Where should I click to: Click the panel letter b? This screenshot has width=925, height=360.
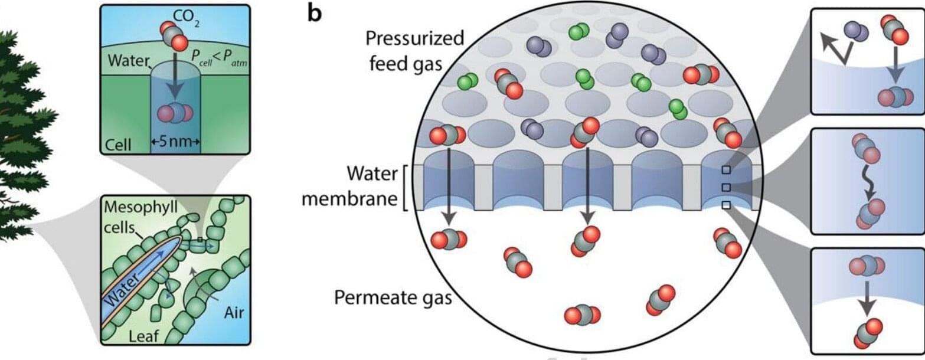[x=314, y=13]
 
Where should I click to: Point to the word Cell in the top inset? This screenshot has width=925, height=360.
[x=118, y=144]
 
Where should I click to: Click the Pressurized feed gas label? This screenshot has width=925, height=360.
[x=415, y=50]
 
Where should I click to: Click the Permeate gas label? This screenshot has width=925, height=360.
[x=393, y=296]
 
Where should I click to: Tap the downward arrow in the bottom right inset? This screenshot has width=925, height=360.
[x=866, y=299]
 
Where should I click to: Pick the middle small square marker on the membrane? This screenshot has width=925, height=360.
[x=727, y=187]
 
